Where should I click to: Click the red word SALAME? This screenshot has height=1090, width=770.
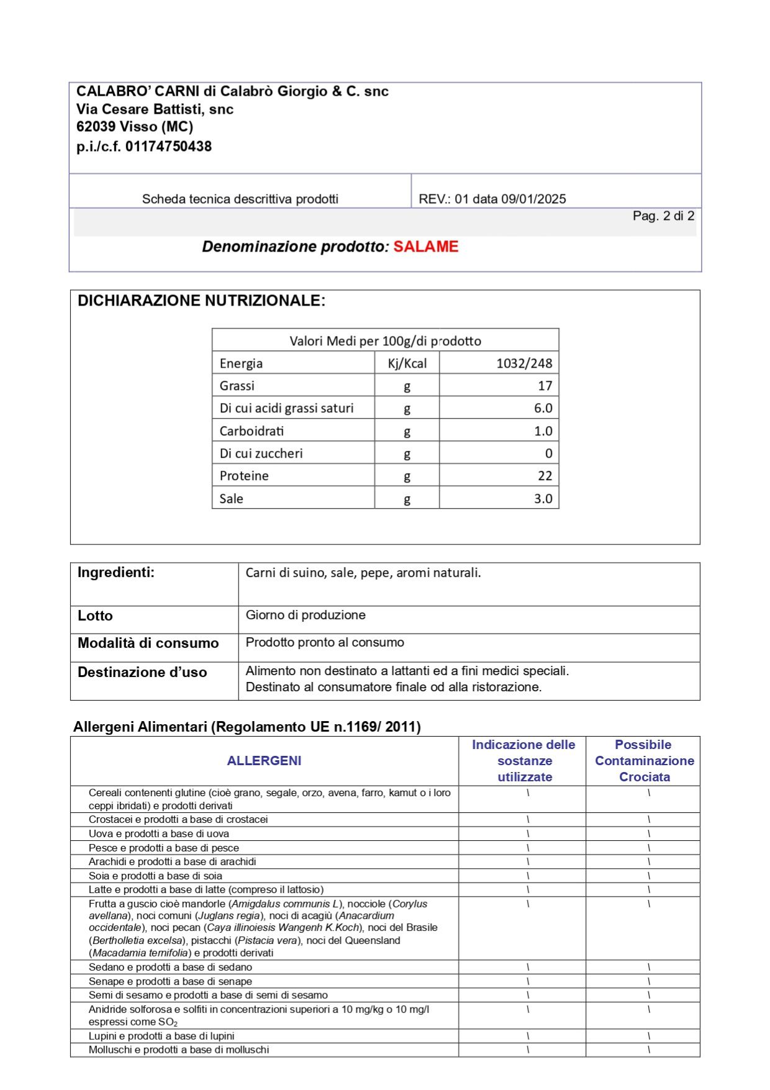coord(425,247)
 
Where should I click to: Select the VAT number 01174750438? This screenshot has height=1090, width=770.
coord(168,147)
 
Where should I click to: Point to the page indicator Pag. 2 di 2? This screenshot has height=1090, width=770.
coord(663,216)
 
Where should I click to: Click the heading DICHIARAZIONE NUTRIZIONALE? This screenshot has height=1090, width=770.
coord(201,301)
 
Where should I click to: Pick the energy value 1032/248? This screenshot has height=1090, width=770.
coord(523,363)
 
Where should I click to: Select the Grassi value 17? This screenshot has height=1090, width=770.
coord(545,386)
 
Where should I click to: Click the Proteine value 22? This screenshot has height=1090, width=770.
coord(545,476)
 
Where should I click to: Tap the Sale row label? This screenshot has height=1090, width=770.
coord(231,499)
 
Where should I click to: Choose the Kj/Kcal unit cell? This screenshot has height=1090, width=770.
coord(407,363)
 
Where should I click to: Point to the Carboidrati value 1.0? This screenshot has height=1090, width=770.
coord(543,431)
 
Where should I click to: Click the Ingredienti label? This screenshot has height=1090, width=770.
coord(116,573)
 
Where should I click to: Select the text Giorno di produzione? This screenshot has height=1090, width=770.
coord(306,615)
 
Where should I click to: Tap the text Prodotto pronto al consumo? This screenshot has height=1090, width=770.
coord(325,642)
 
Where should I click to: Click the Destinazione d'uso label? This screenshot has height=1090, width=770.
coord(142,672)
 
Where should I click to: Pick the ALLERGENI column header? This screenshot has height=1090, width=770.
coord(264,761)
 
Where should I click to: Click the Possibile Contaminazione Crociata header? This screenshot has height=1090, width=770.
coord(644,761)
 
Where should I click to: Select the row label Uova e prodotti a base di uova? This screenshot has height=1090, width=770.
coord(159,833)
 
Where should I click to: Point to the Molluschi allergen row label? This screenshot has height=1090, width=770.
coord(179,1050)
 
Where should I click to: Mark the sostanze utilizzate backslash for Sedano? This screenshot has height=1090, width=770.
coord(528,967)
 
